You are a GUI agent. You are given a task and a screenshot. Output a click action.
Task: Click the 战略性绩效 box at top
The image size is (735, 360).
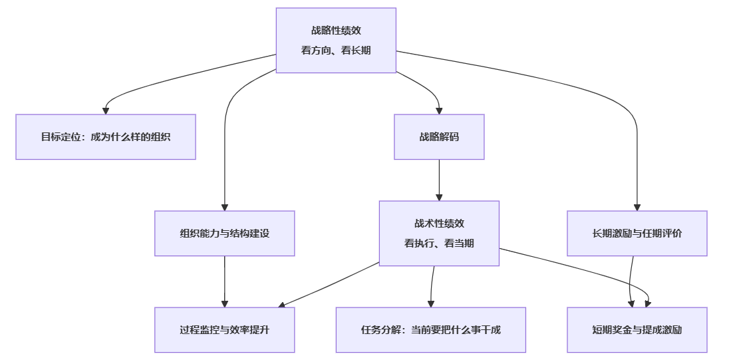(336, 40)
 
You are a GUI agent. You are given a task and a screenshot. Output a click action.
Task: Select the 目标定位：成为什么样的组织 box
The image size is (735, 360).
(106, 137)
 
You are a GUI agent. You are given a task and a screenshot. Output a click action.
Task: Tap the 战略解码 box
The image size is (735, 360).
(439, 137)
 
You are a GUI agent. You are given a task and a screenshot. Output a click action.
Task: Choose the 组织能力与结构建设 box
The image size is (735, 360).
(225, 234)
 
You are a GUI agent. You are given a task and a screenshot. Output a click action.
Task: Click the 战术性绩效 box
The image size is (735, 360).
(439, 234)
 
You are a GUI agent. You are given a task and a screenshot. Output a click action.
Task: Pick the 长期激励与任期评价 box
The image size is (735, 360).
(637, 234)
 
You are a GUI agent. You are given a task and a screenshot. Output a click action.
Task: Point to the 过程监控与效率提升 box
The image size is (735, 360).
(225, 330)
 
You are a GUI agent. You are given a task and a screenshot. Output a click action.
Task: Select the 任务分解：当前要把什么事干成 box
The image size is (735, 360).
(431, 330)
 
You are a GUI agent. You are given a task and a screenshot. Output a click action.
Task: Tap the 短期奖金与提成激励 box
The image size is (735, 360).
(637, 330)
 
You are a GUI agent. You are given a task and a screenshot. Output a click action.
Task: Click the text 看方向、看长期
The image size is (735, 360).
(336, 51)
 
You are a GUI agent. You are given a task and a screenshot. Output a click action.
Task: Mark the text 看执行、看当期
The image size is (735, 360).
(439, 244)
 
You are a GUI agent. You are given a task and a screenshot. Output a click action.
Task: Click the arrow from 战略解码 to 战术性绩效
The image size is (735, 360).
(439, 180)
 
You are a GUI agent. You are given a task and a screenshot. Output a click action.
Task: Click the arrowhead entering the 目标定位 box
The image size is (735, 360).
(106, 111)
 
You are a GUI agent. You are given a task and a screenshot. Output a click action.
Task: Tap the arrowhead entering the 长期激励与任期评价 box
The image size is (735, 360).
(637, 207)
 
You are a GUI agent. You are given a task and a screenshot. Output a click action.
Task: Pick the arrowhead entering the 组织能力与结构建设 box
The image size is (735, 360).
(225, 207)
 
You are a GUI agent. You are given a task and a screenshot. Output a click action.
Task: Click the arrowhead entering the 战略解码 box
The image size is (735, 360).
(439, 110)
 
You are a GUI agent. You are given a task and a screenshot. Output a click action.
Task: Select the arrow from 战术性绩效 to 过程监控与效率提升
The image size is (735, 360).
(329, 285)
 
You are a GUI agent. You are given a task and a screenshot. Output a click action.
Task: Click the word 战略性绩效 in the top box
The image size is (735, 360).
(336, 30)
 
